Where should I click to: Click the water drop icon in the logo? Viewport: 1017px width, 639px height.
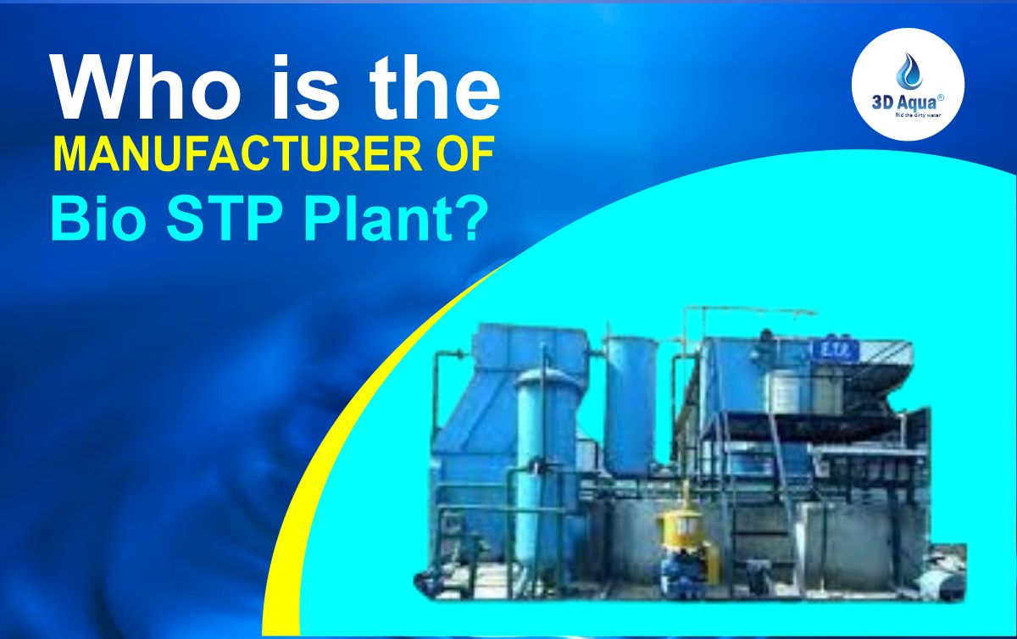[x=908, y=70]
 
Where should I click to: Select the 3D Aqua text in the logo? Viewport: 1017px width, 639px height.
[x=903, y=100]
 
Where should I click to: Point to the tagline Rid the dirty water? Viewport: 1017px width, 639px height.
[x=909, y=112]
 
